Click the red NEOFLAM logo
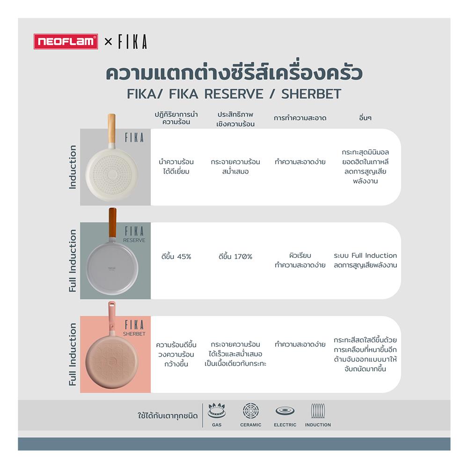66,42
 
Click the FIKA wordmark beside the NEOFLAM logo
132,42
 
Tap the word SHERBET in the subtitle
311,94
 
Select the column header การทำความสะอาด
300,118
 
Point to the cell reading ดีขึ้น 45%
175,256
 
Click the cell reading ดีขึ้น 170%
235,256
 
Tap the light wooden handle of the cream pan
112,126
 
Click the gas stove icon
216,411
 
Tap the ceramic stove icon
250,411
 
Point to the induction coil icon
318,411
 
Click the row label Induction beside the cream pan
73,167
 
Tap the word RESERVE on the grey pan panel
134,240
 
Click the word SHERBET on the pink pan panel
134,334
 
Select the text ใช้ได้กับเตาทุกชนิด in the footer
168,416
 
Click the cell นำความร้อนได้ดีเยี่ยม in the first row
175,167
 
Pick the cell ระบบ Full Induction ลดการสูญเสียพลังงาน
365,261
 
